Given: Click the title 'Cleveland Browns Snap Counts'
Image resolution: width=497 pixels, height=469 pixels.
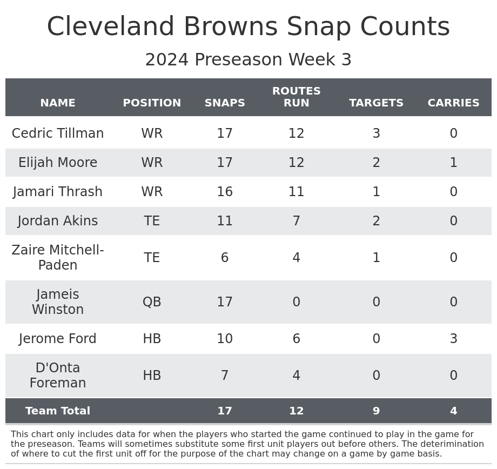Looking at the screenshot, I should pyautogui.click(x=248, y=27).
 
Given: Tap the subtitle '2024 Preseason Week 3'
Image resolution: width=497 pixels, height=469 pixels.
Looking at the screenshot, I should pyautogui.click(x=248, y=60).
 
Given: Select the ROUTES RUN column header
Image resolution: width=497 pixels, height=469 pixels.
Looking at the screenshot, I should pyautogui.click(x=296, y=97).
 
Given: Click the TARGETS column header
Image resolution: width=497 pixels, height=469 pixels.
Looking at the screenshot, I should pyautogui.click(x=376, y=103).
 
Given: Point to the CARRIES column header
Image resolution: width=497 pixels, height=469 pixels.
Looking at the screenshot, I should pyautogui.click(x=453, y=103).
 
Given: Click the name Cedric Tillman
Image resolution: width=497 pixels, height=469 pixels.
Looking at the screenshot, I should pyautogui.click(x=58, y=133).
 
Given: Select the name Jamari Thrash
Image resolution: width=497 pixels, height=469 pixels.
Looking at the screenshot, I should pyautogui.click(x=58, y=192).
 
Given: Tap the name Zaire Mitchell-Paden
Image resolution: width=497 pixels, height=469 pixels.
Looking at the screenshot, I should pyautogui.click(x=58, y=258).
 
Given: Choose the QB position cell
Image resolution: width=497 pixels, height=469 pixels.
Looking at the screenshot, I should pyautogui.click(x=152, y=302).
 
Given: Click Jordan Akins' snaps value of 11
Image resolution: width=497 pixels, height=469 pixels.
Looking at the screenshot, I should pyautogui.click(x=225, y=221).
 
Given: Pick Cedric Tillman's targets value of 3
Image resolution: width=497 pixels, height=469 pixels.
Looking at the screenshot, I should pyautogui.click(x=376, y=133).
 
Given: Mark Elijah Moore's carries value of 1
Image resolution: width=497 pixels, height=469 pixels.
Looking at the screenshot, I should pyautogui.click(x=453, y=163).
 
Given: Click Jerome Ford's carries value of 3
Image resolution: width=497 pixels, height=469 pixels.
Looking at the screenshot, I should pyautogui.click(x=453, y=339).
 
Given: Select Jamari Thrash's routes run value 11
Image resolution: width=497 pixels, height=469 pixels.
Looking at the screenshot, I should pyautogui.click(x=296, y=192).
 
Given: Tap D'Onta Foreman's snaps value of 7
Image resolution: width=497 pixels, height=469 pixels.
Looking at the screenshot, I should pyautogui.click(x=225, y=376).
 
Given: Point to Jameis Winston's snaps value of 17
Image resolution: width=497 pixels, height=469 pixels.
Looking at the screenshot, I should pyautogui.click(x=225, y=302).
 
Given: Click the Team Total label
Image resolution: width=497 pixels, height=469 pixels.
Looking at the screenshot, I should pyautogui.click(x=58, y=411).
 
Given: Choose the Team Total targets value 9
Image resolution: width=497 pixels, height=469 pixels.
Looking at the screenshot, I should pyautogui.click(x=376, y=411).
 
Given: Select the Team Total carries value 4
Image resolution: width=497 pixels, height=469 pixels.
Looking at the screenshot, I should pyautogui.click(x=453, y=411).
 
